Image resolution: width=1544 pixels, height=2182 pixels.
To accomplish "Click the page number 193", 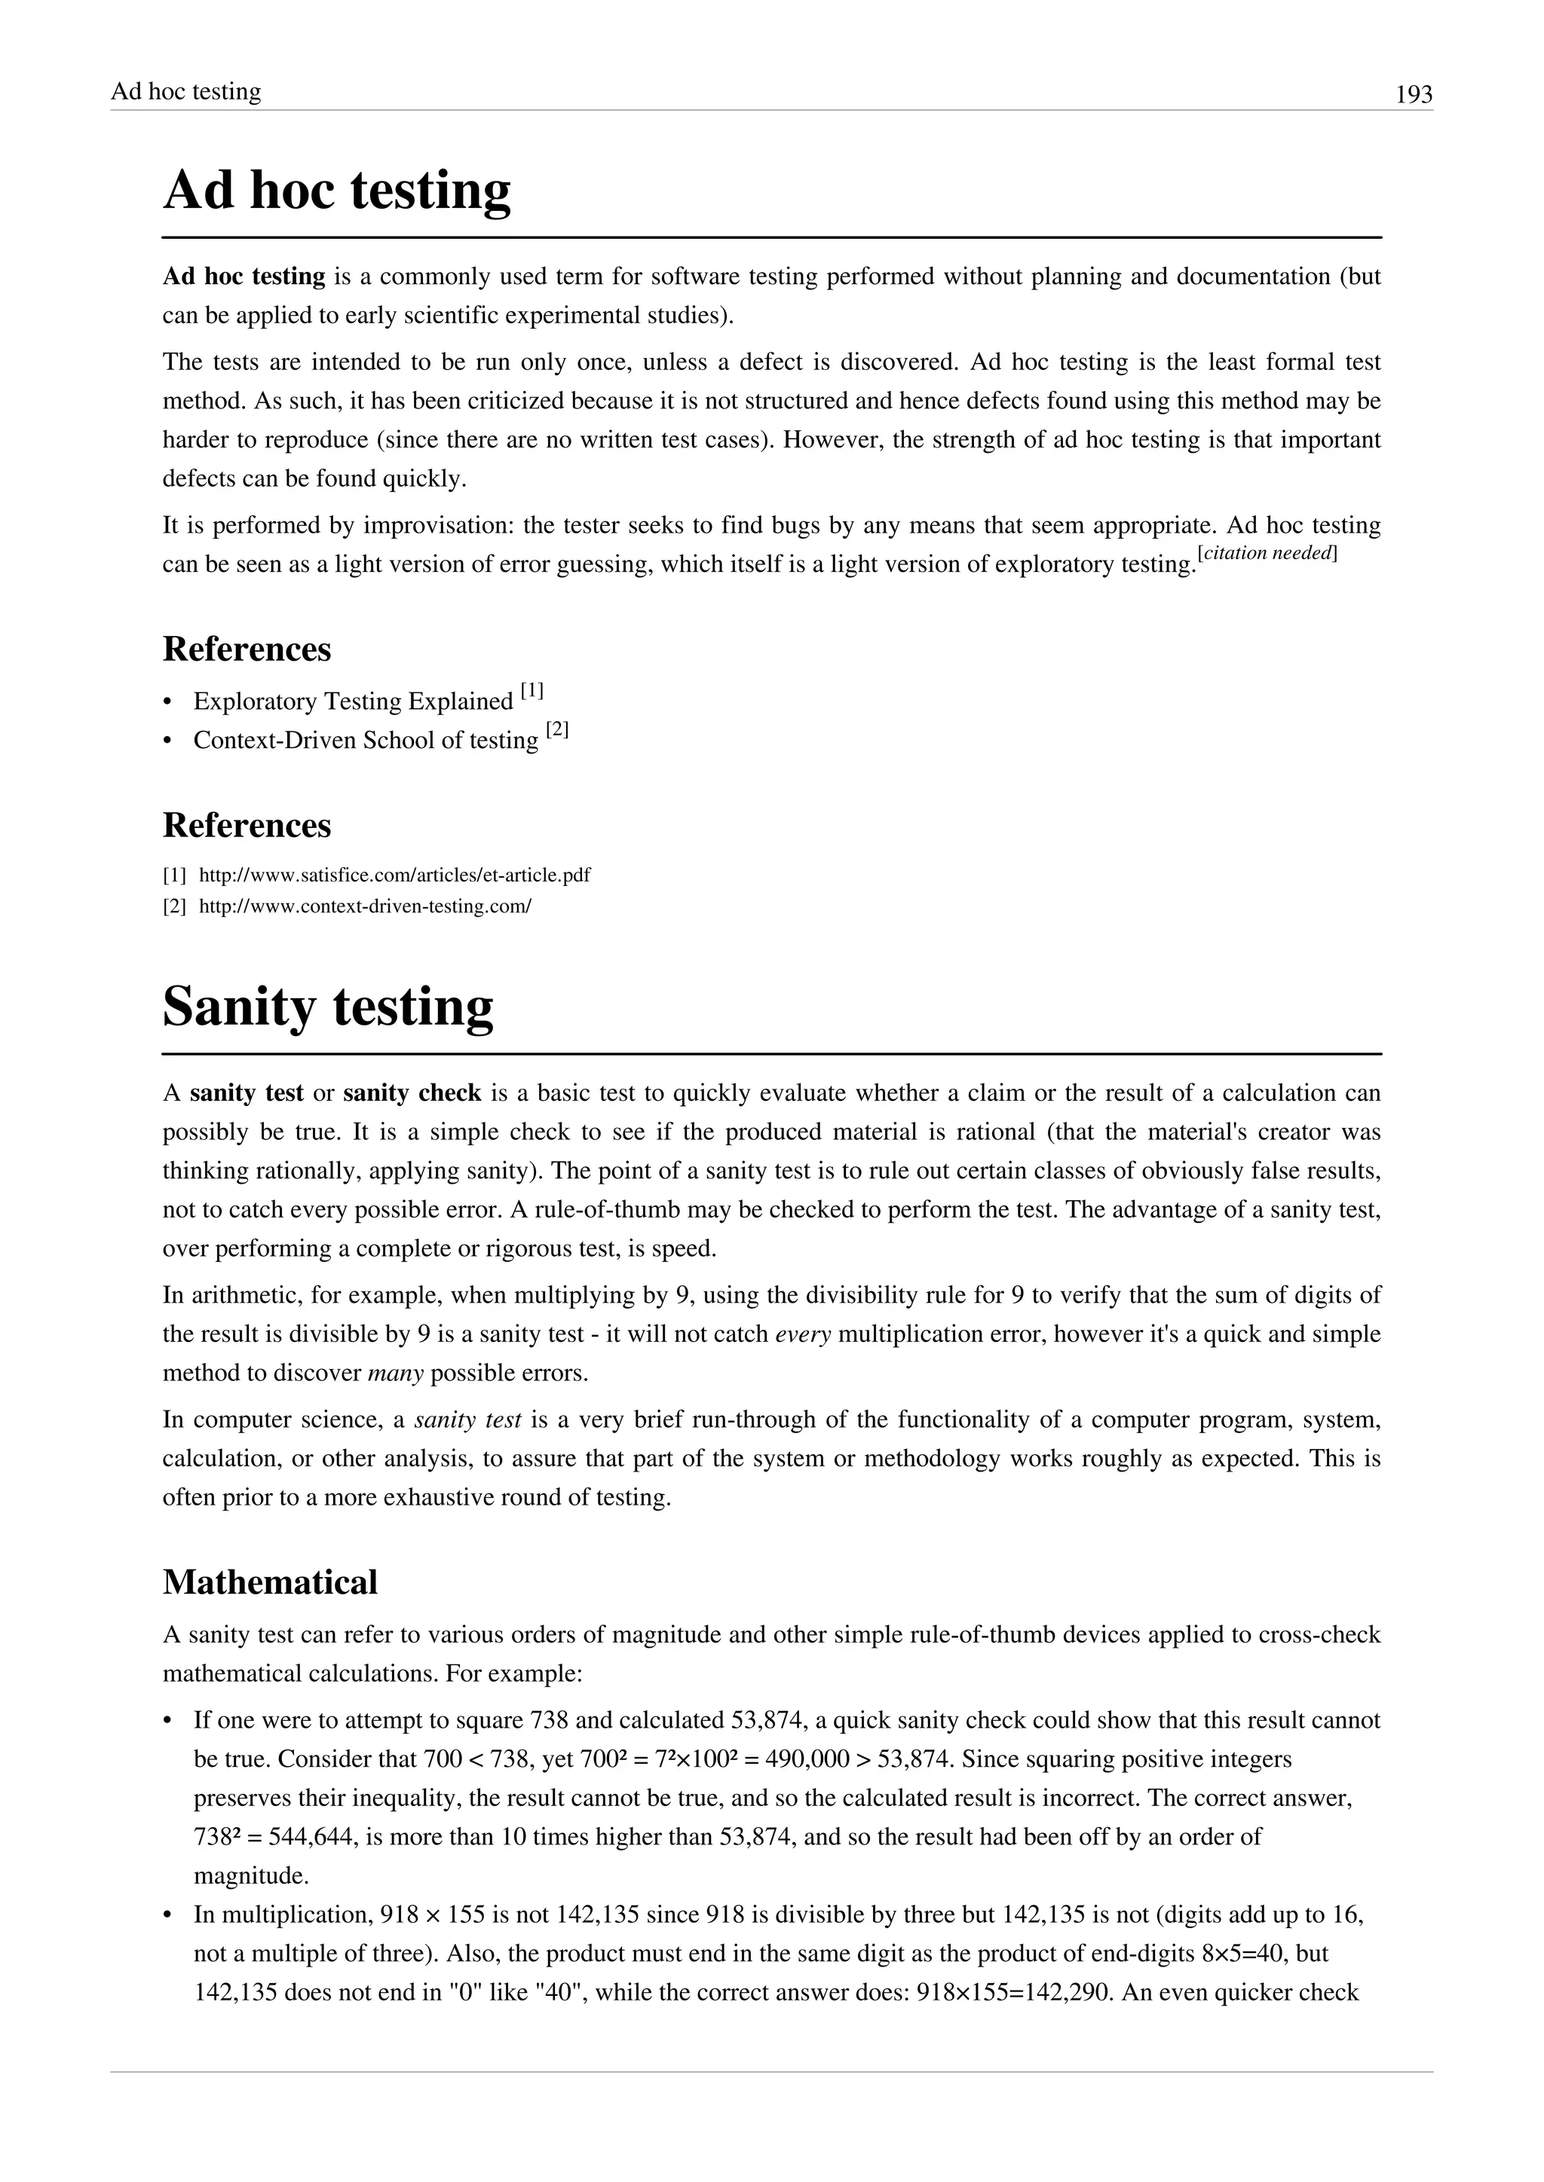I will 1413,95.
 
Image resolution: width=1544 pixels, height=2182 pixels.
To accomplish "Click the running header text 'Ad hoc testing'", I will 185,91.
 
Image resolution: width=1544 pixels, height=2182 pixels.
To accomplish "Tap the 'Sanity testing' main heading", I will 328,1007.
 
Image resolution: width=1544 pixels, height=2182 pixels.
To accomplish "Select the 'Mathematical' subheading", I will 270,1582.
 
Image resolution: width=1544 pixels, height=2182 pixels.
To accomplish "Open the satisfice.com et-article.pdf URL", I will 394,874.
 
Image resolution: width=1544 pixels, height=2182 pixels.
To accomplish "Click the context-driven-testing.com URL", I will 364,906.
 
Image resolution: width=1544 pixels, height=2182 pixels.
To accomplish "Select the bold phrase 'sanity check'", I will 412,1093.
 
